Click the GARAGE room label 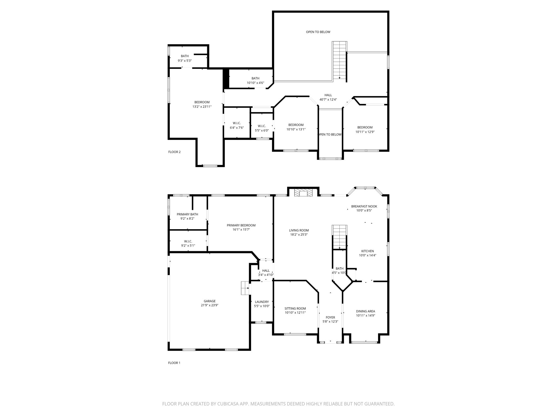tap(209, 301)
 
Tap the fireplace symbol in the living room tap(303, 193)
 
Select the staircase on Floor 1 tap(339, 237)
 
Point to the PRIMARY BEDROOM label tap(241, 225)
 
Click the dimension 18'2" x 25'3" tap(299, 235)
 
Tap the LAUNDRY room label tap(262, 302)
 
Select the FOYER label tap(330, 317)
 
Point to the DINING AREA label tap(365, 311)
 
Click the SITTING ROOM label tap(295, 309)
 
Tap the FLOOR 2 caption tap(174, 152)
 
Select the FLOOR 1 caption tap(174, 363)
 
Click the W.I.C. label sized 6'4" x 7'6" tap(237, 123)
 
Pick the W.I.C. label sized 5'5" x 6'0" tap(262, 126)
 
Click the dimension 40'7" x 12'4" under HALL tap(328, 100)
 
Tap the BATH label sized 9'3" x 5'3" tap(185, 56)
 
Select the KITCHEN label tap(367, 251)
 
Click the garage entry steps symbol tap(245, 288)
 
